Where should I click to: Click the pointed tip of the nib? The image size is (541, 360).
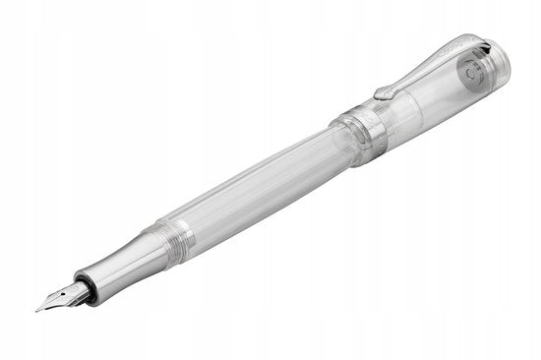point(37,309)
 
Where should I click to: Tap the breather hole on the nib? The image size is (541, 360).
point(66,294)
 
